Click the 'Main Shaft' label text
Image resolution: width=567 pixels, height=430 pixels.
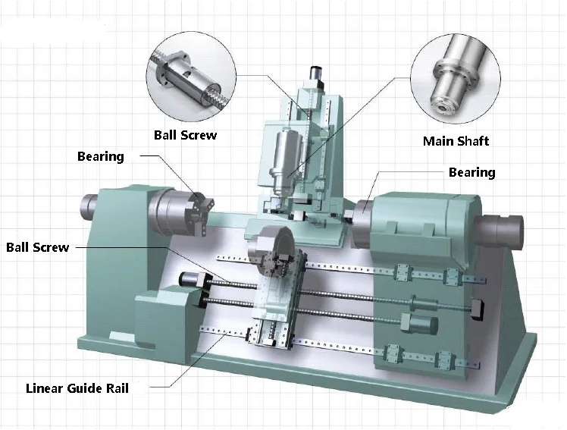(456, 141)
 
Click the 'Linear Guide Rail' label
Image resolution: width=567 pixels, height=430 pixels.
(77, 388)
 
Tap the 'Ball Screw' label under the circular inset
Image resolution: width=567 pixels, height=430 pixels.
(185, 135)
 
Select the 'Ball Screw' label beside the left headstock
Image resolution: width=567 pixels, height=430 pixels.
(38, 247)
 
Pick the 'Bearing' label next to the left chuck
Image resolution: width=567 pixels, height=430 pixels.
(101, 156)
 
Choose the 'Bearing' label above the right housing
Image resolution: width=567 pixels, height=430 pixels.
(472, 172)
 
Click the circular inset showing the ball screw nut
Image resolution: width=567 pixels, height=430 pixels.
(191, 77)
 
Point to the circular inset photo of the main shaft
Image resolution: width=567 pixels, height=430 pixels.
(456, 78)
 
